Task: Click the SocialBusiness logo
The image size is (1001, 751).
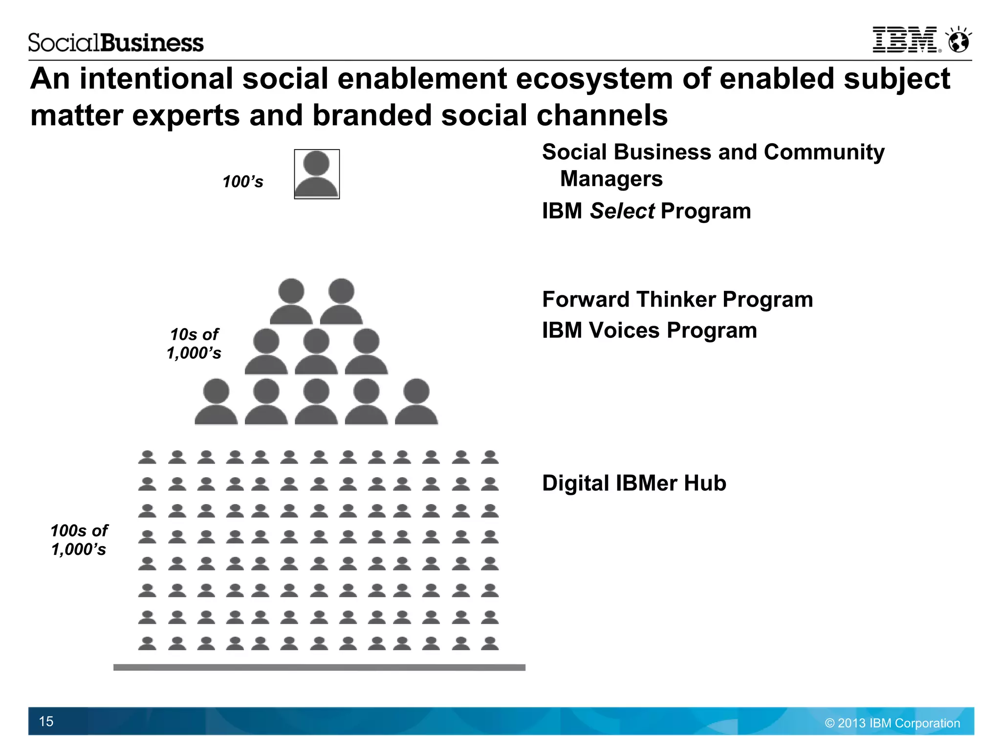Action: [116, 43]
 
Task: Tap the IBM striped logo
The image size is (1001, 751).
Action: [905, 40]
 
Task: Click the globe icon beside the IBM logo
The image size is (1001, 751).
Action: [958, 41]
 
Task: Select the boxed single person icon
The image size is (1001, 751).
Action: [317, 174]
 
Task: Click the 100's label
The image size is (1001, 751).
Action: [243, 182]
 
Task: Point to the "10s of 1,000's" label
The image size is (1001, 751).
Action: [194, 344]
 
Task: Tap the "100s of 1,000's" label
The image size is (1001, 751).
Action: [79, 540]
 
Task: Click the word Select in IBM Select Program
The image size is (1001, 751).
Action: [622, 211]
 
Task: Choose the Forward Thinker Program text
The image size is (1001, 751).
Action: [677, 299]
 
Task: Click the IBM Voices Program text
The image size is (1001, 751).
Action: [650, 331]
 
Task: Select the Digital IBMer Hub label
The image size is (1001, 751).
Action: [634, 483]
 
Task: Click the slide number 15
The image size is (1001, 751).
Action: [46, 721]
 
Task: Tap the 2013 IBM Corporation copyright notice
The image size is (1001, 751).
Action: [892, 723]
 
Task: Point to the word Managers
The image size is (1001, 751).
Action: [611, 179]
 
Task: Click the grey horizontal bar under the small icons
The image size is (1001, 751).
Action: [319, 667]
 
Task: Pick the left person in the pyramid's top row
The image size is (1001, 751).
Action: [291, 302]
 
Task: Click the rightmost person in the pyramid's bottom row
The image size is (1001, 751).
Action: [416, 402]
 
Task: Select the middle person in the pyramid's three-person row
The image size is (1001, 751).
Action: [316, 352]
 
